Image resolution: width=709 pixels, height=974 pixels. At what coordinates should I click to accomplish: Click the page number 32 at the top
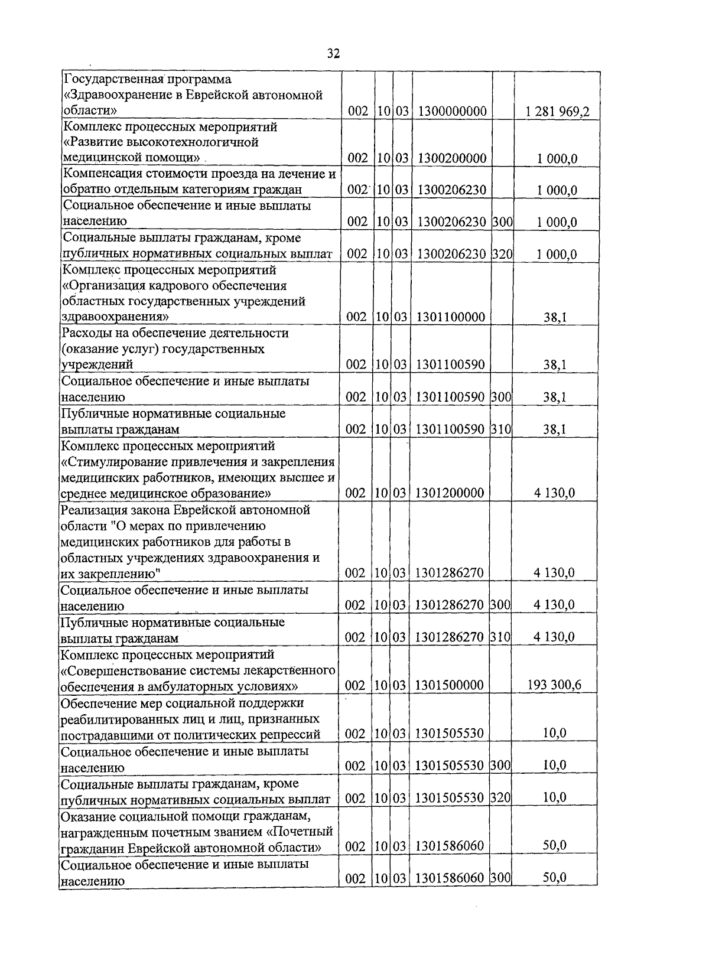(333, 54)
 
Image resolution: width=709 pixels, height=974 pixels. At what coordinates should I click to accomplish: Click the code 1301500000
(450, 685)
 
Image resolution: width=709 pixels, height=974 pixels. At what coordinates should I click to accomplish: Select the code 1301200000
(450, 493)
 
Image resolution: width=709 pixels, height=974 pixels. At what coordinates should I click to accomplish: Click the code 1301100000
(450, 317)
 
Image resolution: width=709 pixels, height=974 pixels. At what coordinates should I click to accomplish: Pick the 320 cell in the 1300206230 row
(502, 254)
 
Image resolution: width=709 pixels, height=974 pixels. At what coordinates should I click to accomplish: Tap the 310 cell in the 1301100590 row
(501, 429)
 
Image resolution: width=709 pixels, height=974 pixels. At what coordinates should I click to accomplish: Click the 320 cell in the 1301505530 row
(500, 798)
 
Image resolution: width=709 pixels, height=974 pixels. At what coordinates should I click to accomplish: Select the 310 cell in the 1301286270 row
(500, 637)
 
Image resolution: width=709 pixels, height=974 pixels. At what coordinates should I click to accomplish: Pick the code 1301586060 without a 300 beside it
(450, 846)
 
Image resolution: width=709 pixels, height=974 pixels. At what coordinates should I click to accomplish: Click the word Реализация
(91, 509)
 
